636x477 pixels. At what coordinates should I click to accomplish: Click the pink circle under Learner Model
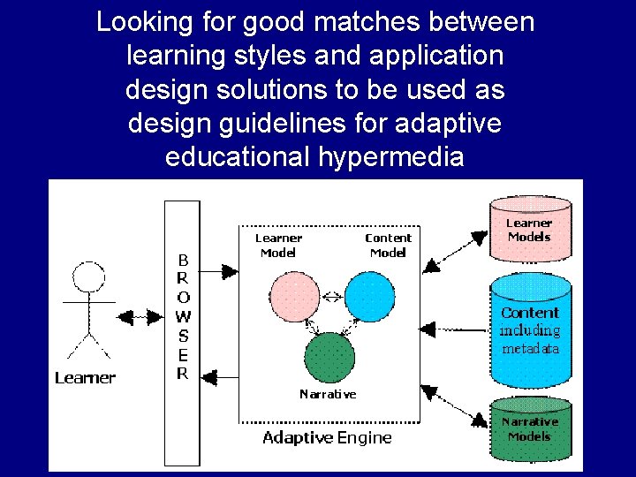click(x=295, y=298)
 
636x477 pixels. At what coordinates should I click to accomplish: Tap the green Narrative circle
click(x=329, y=358)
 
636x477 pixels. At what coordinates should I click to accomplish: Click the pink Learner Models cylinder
click(x=530, y=231)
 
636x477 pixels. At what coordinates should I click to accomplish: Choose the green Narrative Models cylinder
click(x=530, y=429)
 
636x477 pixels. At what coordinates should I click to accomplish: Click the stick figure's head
click(x=87, y=279)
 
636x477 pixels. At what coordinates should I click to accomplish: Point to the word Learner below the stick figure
click(x=85, y=378)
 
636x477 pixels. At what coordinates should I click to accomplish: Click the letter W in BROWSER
click(x=183, y=316)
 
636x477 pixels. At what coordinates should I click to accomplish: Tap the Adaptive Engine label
click(x=327, y=438)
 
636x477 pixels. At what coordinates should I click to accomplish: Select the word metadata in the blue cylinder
click(x=530, y=348)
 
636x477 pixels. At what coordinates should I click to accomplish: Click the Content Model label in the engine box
click(x=388, y=245)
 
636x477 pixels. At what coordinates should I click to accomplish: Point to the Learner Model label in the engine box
click(x=278, y=245)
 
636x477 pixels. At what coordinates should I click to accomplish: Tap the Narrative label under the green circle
click(x=328, y=394)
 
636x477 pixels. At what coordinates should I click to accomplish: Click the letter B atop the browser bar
click(x=183, y=261)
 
